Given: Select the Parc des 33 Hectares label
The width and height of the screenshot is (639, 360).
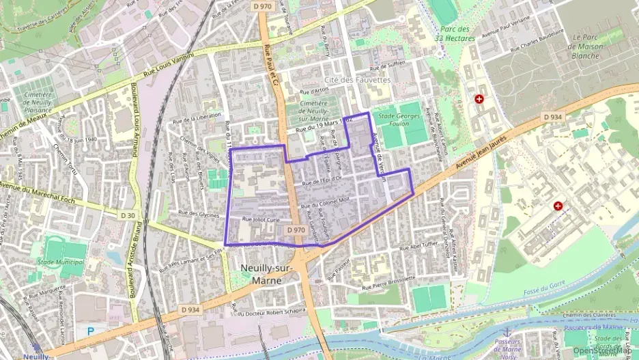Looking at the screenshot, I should tap(455, 34).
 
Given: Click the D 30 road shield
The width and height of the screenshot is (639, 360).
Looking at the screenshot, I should tap(128, 215).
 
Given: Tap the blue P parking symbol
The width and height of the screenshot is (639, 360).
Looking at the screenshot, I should tap(91, 331).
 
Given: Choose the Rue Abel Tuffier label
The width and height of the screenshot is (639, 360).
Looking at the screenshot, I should tap(418, 245).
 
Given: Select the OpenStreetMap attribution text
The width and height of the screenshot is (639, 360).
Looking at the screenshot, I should tap(602, 350).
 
